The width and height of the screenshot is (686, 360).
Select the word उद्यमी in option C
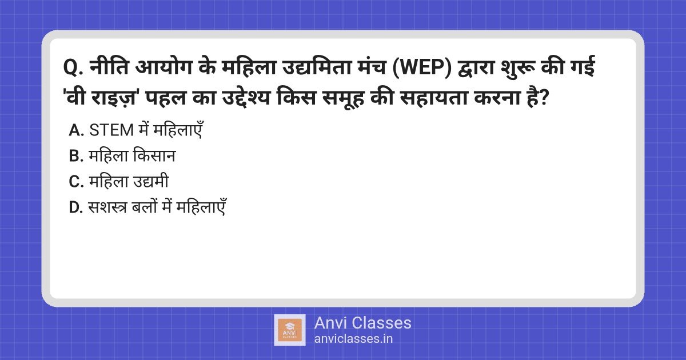tap(150, 182)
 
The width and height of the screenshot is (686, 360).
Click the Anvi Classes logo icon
tap(290, 330)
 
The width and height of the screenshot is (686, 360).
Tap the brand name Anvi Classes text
tap(362, 323)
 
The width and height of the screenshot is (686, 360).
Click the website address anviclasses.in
tap(353, 338)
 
